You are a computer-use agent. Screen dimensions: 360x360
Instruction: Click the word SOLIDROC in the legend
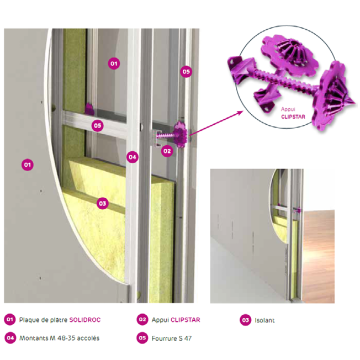click(x=85, y=320)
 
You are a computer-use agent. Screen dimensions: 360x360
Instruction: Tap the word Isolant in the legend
click(x=264, y=320)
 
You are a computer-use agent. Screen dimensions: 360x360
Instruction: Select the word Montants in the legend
click(x=34, y=338)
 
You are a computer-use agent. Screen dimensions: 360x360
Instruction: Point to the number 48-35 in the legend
click(x=65, y=338)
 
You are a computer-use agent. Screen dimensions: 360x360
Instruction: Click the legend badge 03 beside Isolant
click(x=246, y=320)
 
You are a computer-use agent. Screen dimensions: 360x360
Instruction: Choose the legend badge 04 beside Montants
click(x=10, y=338)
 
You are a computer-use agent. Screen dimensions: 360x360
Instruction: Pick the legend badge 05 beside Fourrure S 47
click(x=142, y=338)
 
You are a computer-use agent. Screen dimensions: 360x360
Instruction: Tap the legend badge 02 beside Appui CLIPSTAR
click(x=142, y=320)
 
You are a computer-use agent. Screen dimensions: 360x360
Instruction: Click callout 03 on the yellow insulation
click(x=102, y=203)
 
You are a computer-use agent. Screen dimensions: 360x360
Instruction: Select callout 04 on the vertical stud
click(x=133, y=157)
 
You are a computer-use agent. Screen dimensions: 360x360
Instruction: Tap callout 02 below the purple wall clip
click(x=167, y=151)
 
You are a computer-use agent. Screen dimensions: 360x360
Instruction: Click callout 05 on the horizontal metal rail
click(x=98, y=125)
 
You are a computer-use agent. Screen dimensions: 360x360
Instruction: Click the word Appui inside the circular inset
click(x=288, y=109)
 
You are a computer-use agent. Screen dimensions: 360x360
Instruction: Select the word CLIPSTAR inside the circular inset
click(x=293, y=117)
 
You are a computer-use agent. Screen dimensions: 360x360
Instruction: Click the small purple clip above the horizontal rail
click(x=89, y=109)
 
